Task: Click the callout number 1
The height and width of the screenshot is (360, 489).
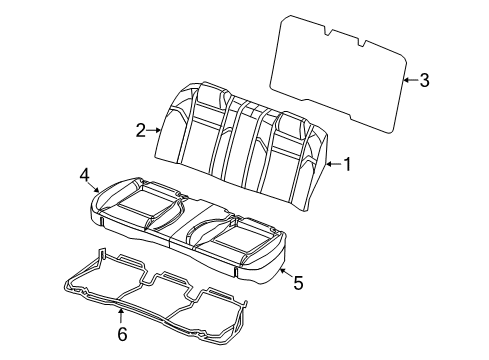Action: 347,165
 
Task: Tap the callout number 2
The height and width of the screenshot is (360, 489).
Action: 142,128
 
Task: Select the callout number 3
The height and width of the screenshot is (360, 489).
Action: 424,81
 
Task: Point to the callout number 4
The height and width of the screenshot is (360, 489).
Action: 85,176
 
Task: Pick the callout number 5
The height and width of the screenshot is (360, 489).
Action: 297,283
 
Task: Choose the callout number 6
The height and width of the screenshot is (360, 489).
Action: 122,334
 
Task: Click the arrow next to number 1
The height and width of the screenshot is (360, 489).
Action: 331,165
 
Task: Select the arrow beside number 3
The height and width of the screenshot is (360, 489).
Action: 409,80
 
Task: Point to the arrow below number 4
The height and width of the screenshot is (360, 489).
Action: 94,187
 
